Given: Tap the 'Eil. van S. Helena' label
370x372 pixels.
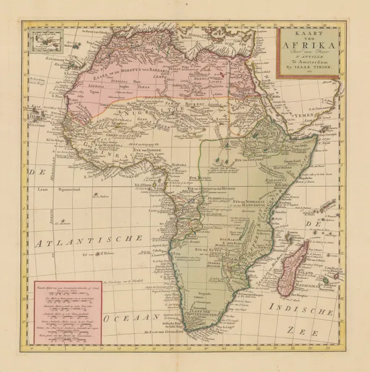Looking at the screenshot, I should coord(101,252).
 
